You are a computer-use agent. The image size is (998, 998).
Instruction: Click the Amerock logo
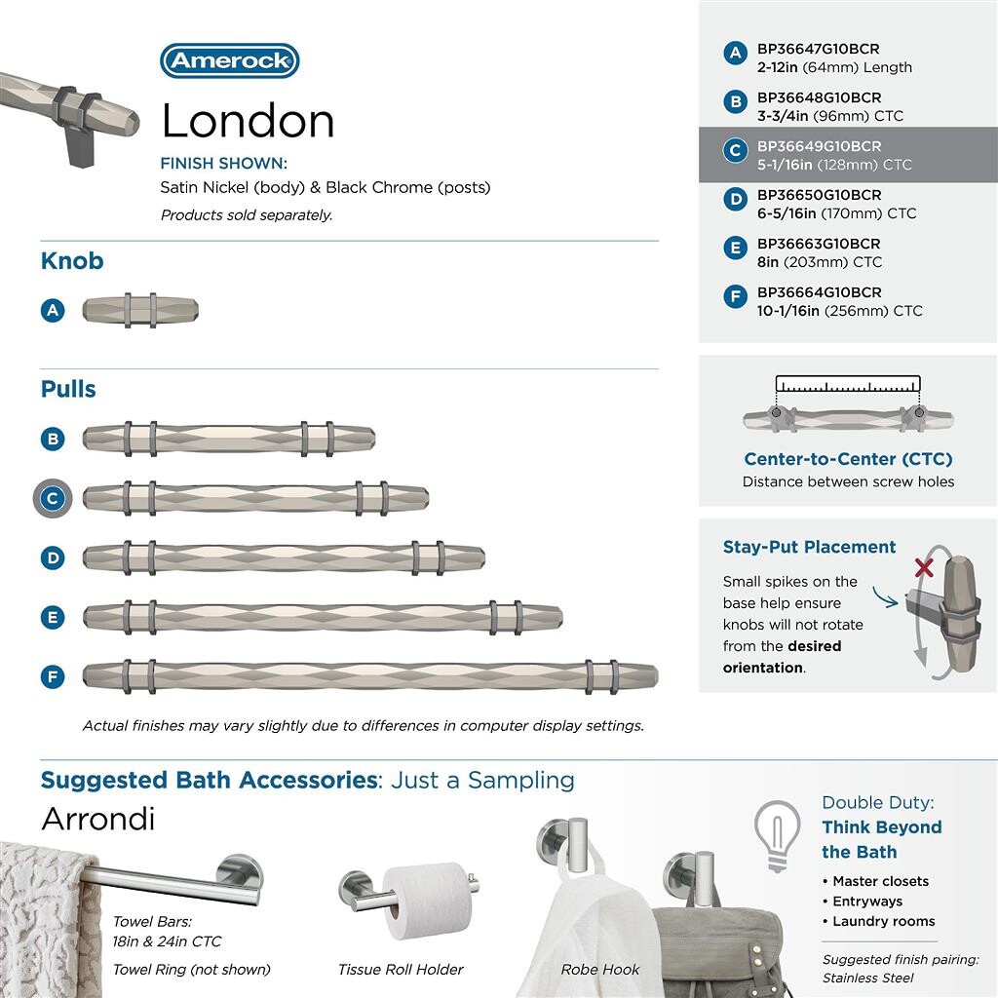point(229,60)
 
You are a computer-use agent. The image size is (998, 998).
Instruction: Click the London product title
point(248,121)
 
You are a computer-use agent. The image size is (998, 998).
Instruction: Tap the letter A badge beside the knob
point(53,310)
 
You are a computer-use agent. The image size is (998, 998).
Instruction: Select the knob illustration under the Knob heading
point(140,310)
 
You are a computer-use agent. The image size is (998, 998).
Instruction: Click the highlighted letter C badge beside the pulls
point(53,498)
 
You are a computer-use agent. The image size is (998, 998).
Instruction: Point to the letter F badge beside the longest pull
point(53,676)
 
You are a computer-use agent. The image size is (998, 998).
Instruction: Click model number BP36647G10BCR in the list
point(819,49)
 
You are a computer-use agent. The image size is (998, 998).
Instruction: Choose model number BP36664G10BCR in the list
point(819,292)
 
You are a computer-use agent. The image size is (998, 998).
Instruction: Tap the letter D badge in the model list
point(736,200)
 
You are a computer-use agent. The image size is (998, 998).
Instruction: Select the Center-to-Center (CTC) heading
point(848,459)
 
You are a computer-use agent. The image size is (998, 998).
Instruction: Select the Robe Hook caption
point(600,969)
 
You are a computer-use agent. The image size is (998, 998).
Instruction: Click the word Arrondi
point(97,819)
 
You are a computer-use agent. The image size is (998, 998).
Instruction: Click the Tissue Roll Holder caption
point(401,969)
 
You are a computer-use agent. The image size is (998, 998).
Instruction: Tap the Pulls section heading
point(68,389)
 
